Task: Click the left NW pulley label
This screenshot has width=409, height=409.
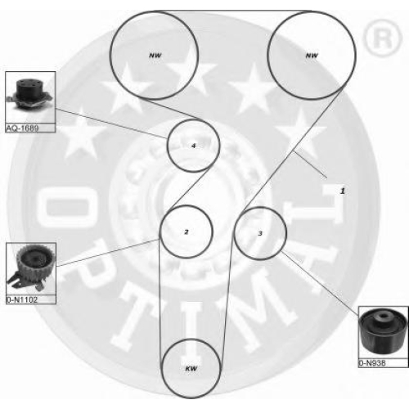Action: coord(155,56)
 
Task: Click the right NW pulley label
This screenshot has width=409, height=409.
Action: coord(312,56)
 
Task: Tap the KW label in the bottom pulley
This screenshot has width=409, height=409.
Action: coord(191,369)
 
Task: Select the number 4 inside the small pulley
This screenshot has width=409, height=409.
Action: coord(194,146)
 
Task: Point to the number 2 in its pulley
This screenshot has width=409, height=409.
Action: coord(187,232)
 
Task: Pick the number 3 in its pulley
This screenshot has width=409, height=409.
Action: coord(260,233)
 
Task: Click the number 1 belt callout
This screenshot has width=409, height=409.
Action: coord(343,191)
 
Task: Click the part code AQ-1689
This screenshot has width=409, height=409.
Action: coord(22,128)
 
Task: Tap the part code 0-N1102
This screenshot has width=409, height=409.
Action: coord(22,300)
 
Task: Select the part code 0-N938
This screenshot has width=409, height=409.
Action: coord(372,363)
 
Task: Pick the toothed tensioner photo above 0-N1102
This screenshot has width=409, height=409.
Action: coord(30,269)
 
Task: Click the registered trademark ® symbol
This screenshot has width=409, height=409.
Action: coord(382,38)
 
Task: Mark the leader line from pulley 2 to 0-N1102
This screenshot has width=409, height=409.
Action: coord(107,252)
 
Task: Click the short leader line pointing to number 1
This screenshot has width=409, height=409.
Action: coord(310,164)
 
